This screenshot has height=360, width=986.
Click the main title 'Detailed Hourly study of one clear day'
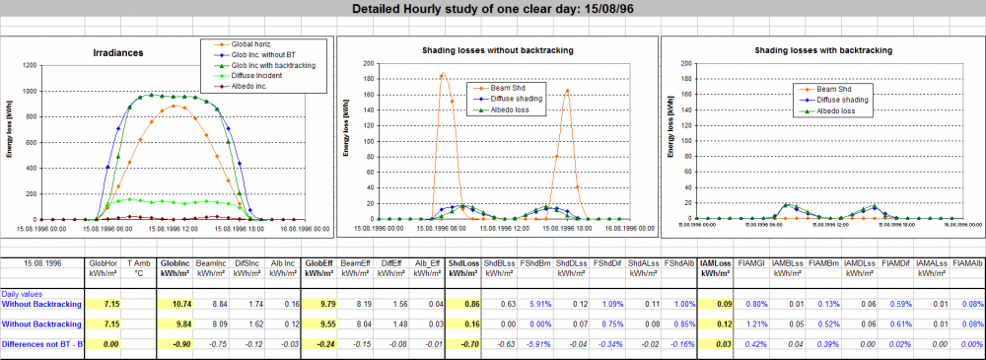492,9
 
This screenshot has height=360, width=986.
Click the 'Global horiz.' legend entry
250,45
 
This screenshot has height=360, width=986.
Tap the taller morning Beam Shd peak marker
442,75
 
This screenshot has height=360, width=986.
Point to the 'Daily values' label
22,294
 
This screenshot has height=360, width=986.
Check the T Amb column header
140,264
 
